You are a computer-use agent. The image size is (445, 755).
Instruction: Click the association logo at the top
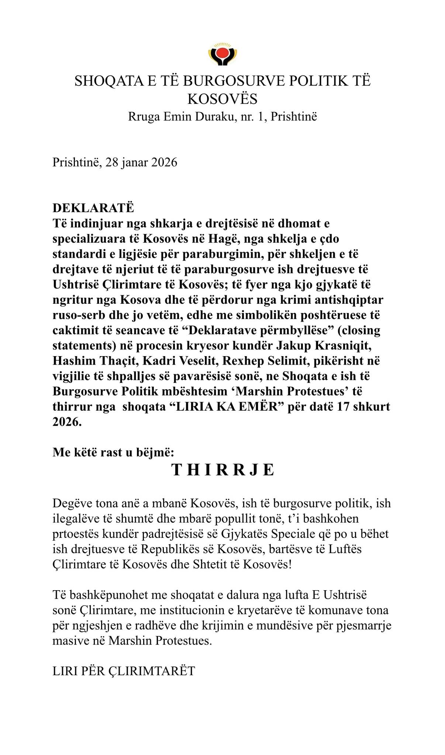(222, 55)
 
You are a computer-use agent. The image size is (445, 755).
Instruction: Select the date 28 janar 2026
(141, 162)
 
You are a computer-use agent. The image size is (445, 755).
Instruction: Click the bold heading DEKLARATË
(93, 208)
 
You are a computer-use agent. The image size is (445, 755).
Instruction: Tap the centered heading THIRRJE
(222, 470)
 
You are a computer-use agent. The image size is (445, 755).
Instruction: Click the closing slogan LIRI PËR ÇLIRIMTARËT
(124, 671)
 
